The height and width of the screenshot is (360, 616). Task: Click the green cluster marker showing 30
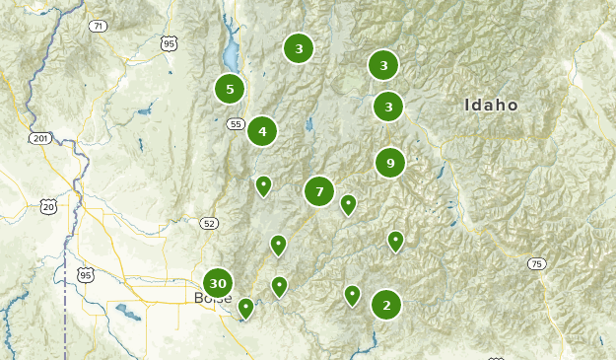click(218, 284)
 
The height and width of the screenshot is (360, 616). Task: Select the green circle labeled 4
click(262, 131)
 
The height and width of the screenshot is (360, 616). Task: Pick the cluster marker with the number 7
click(319, 191)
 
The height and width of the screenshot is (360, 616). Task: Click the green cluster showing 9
click(390, 163)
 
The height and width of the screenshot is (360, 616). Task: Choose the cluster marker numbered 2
click(386, 305)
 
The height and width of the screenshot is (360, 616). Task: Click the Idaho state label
click(492, 106)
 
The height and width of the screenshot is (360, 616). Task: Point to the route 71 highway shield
click(98, 26)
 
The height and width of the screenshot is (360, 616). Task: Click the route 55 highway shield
click(235, 123)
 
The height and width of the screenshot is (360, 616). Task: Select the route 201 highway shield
click(39, 138)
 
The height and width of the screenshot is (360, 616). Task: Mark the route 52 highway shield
click(208, 224)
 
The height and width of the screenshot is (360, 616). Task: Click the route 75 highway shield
click(536, 263)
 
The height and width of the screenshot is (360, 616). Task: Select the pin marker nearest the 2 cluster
click(352, 294)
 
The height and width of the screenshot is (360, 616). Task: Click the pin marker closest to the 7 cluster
click(348, 204)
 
